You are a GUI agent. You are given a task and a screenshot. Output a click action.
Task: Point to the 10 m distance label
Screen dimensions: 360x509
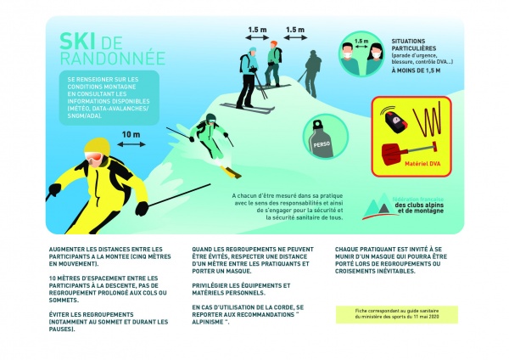pyautogui.click(x=131, y=134)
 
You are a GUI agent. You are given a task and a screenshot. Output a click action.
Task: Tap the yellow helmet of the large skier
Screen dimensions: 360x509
pyautogui.click(x=94, y=155)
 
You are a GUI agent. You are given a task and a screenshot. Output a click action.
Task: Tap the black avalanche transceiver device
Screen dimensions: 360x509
pyautogui.click(x=397, y=121)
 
